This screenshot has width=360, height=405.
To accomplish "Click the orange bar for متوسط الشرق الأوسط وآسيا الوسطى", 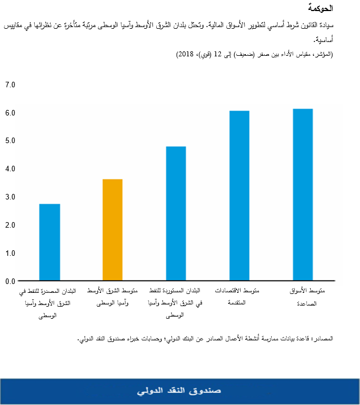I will [112, 230].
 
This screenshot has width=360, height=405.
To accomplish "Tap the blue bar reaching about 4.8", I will [176, 213].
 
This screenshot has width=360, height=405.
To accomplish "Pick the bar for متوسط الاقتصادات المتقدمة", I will [239, 196].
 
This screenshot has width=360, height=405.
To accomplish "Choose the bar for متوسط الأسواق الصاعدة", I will [302, 194].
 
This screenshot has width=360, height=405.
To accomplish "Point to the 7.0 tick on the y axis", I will [10, 85].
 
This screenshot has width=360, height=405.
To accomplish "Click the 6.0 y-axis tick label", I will [10, 113].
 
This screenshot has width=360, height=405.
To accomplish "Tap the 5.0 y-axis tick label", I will [10, 140].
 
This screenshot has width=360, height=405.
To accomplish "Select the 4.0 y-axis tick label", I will [10, 169].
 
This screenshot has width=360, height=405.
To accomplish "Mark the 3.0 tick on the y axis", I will [10, 197].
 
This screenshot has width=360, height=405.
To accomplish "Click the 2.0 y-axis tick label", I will [10, 225].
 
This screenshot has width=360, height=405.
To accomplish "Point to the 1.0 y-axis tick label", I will [10, 253].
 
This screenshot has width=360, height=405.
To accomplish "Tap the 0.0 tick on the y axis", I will [10, 281].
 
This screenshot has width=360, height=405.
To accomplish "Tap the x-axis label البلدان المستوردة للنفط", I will [175, 302].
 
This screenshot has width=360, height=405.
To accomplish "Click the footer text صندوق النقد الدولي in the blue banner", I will [179, 391].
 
